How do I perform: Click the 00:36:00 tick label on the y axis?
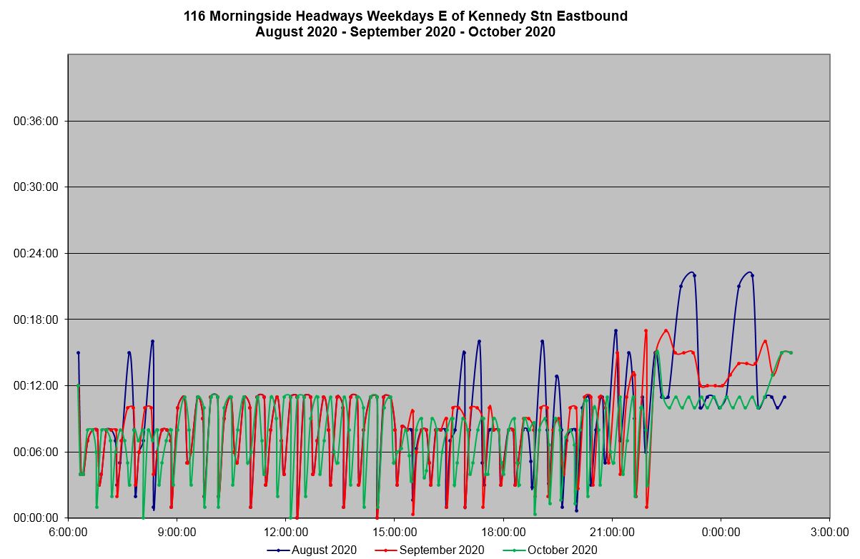[36, 121]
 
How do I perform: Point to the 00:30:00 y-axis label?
[36, 187]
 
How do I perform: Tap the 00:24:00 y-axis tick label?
[36, 253]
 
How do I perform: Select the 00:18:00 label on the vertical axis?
[36, 320]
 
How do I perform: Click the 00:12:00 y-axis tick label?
[36, 385]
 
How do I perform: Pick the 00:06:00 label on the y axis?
[36, 452]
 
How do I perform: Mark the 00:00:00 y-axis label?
[36, 518]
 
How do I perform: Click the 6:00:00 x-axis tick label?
[68, 532]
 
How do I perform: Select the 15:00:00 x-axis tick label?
[395, 532]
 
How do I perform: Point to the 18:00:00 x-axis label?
[503, 532]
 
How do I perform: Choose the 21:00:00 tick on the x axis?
[612, 532]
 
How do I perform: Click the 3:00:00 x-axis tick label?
[829, 532]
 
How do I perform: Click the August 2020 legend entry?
[312, 550]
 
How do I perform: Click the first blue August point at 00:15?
[79, 352]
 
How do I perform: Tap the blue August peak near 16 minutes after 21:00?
[616, 330]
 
